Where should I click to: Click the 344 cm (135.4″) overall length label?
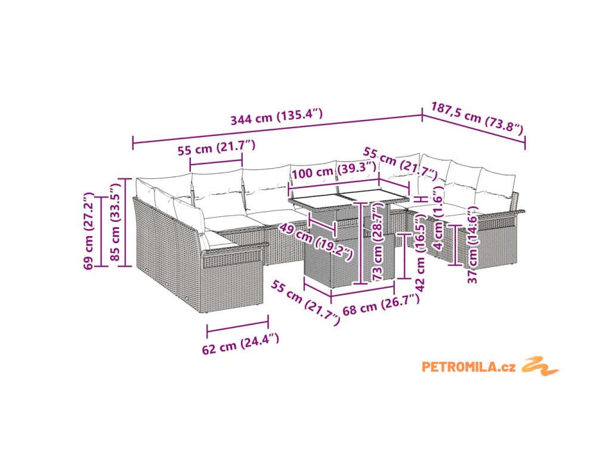[x=277, y=116]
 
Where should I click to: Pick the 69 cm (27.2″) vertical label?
[x=88, y=230]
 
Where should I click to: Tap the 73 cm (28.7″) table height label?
[x=377, y=243]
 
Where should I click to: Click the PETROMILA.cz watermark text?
[x=468, y=367]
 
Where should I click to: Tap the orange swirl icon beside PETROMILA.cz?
[x=541, y=366]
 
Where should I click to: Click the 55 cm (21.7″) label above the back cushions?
[x=216, y=147]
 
